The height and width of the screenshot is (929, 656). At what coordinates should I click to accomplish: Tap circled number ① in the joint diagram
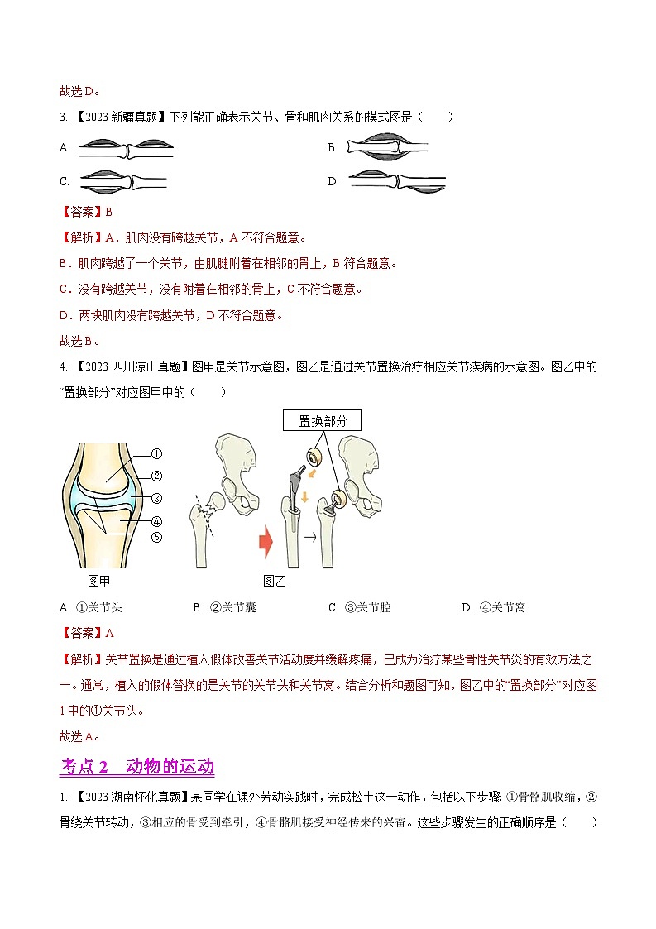156,453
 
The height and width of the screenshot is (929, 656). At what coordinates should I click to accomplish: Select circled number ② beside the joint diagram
156,476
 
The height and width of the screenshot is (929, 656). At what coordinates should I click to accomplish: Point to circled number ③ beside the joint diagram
156,498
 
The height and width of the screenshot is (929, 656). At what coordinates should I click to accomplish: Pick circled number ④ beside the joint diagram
156,521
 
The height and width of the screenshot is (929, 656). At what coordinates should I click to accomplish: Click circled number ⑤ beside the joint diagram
156,536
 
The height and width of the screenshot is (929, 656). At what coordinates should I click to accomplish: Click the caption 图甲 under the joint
99,582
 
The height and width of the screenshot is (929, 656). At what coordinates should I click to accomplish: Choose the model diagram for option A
126,148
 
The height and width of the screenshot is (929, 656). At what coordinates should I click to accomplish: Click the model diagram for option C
122,181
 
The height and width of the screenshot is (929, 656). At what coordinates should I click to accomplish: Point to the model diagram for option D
397,181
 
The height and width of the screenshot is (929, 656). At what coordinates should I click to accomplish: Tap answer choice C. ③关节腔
359,607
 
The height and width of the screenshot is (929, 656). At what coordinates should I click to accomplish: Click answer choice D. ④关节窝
493,607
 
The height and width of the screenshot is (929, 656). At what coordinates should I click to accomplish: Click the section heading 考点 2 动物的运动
137,767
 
